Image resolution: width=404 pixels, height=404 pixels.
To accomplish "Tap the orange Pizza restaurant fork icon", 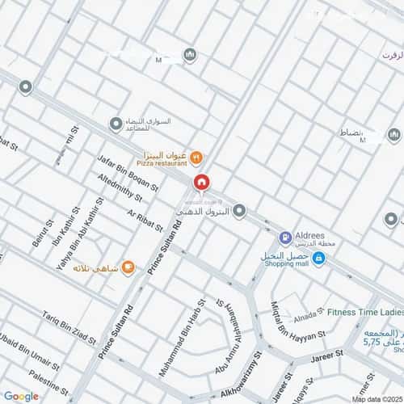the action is point(197,157).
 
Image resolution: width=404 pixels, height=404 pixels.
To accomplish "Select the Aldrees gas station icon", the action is point(284,238).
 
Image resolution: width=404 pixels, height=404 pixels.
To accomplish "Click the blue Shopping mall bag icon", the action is point(318,258).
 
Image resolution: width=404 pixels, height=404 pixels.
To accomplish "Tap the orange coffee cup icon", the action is point(128,267).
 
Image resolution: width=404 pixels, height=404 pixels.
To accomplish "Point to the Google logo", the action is point(21,396).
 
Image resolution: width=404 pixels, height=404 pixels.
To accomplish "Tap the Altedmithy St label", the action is point(120,187).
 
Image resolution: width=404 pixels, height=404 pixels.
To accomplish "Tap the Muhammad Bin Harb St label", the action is point(179,343).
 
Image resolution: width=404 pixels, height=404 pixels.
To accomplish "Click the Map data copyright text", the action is point(377,398).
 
